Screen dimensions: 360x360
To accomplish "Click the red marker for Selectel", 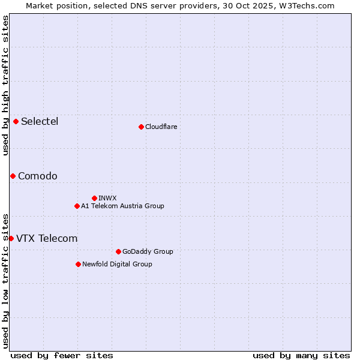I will coord(16,122).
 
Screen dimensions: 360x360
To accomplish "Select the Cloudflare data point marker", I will coord(141,127).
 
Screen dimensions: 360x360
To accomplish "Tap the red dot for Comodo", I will coord(13,176).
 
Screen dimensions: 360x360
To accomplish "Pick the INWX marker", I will coord(94,198).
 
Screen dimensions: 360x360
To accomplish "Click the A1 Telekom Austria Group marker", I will coord(77,206).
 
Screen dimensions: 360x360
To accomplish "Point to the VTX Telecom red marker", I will coord(11,238).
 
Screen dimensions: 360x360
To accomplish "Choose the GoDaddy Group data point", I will coord(118,251).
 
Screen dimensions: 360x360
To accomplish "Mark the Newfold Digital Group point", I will coord(78,264).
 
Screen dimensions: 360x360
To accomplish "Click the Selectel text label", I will coord(40,122).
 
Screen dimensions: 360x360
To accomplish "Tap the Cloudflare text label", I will coord(161,127).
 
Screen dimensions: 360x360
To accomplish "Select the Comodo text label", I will coord(38,176).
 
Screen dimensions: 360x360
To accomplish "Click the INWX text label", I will coord(107,198).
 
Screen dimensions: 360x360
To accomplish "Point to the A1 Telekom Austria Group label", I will coord(122,206).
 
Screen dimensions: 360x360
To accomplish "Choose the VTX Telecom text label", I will coord(47,238).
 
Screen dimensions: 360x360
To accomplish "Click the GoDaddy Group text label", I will coord(148,251).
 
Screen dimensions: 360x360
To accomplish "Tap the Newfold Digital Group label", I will coord(117,264).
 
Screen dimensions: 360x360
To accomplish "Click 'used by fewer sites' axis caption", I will coord(62,355).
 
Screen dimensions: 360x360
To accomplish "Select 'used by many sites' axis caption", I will coord(301,355).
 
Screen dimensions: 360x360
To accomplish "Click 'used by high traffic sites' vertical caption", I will coord(5,85).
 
